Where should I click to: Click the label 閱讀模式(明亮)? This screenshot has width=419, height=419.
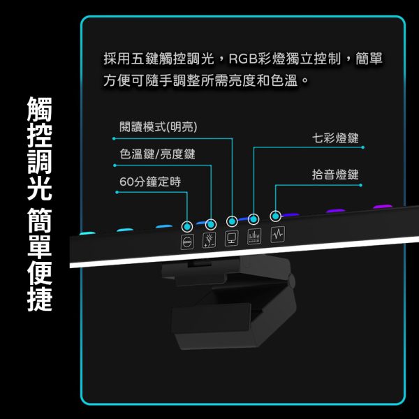tap(159, 126)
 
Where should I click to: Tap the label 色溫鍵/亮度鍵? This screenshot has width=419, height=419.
tap(157, 154)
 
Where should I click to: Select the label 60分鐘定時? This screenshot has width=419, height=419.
tap(150, 182)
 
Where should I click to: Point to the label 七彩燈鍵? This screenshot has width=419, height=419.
tap(335, 138)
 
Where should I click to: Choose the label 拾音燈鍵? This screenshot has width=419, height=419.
tap(335, 175)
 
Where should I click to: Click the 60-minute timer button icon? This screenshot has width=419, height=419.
tap(187, 242)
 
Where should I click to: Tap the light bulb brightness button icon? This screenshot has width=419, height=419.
tap(209, 240)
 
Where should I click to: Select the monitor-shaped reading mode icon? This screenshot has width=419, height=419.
tap(231, 237)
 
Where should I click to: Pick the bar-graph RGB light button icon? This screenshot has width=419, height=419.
tap(254, 236)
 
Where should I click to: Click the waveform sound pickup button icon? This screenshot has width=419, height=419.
tap(278, 235)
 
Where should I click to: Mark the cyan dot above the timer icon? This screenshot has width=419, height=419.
tap(187, 226)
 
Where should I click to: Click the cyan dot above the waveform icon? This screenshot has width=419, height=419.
tap(276, 216)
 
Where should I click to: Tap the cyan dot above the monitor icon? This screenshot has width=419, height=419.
tap(232, 221)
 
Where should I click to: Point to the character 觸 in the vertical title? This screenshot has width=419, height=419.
tap(40, 108)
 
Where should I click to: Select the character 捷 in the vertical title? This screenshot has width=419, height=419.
tap(40, 299)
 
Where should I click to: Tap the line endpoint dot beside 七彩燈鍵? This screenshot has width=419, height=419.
tap(362, 147)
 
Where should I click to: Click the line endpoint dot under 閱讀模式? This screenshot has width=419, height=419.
tap(114, 138)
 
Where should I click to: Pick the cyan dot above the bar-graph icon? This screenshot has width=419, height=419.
tap(253, 219)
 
